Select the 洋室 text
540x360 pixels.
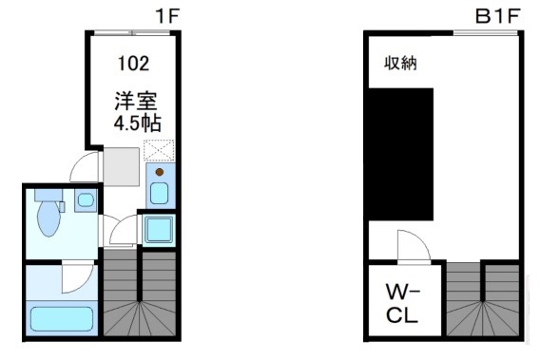pos(132,100)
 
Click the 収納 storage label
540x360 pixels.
pos(400,63)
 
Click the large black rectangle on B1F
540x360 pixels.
pos(400,152)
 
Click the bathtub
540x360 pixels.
pos(59,317)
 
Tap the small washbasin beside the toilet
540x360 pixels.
pos(85,200)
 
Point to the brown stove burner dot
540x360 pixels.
pos(159,172)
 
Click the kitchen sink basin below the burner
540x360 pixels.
pos(159,194)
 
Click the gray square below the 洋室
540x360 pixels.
pos(122,168)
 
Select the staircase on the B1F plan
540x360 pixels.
pos(483,299)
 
